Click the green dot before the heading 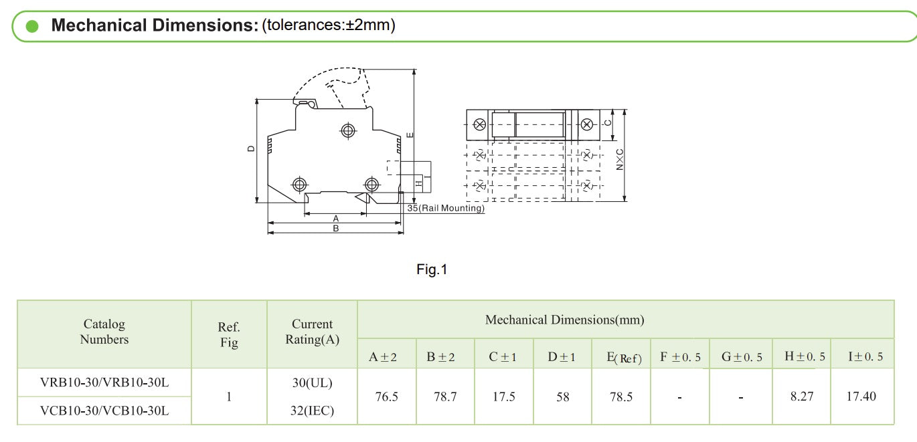click(32, 26)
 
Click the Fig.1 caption click(432, 269)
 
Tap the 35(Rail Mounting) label click(445, 208)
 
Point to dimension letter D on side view click(251, 149)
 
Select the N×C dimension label click(619, 159)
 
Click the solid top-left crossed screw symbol click(479, 124)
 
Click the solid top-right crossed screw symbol click(586, 124)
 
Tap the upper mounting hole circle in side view click(348, 131)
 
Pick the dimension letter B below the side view click(336, 228)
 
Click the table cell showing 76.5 click(386, 397)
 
